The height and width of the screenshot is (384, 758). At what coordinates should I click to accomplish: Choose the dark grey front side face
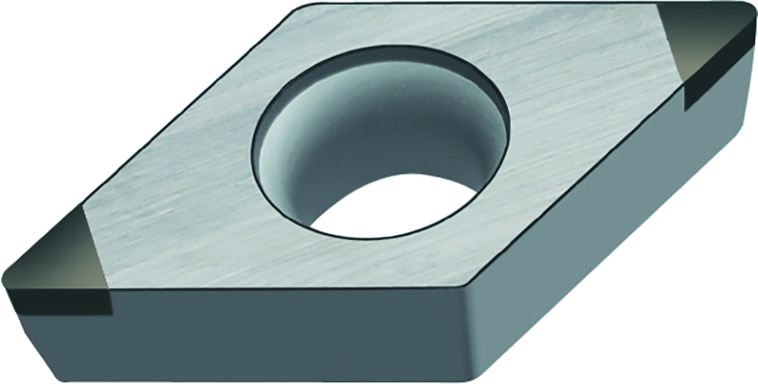pos(284,337)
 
